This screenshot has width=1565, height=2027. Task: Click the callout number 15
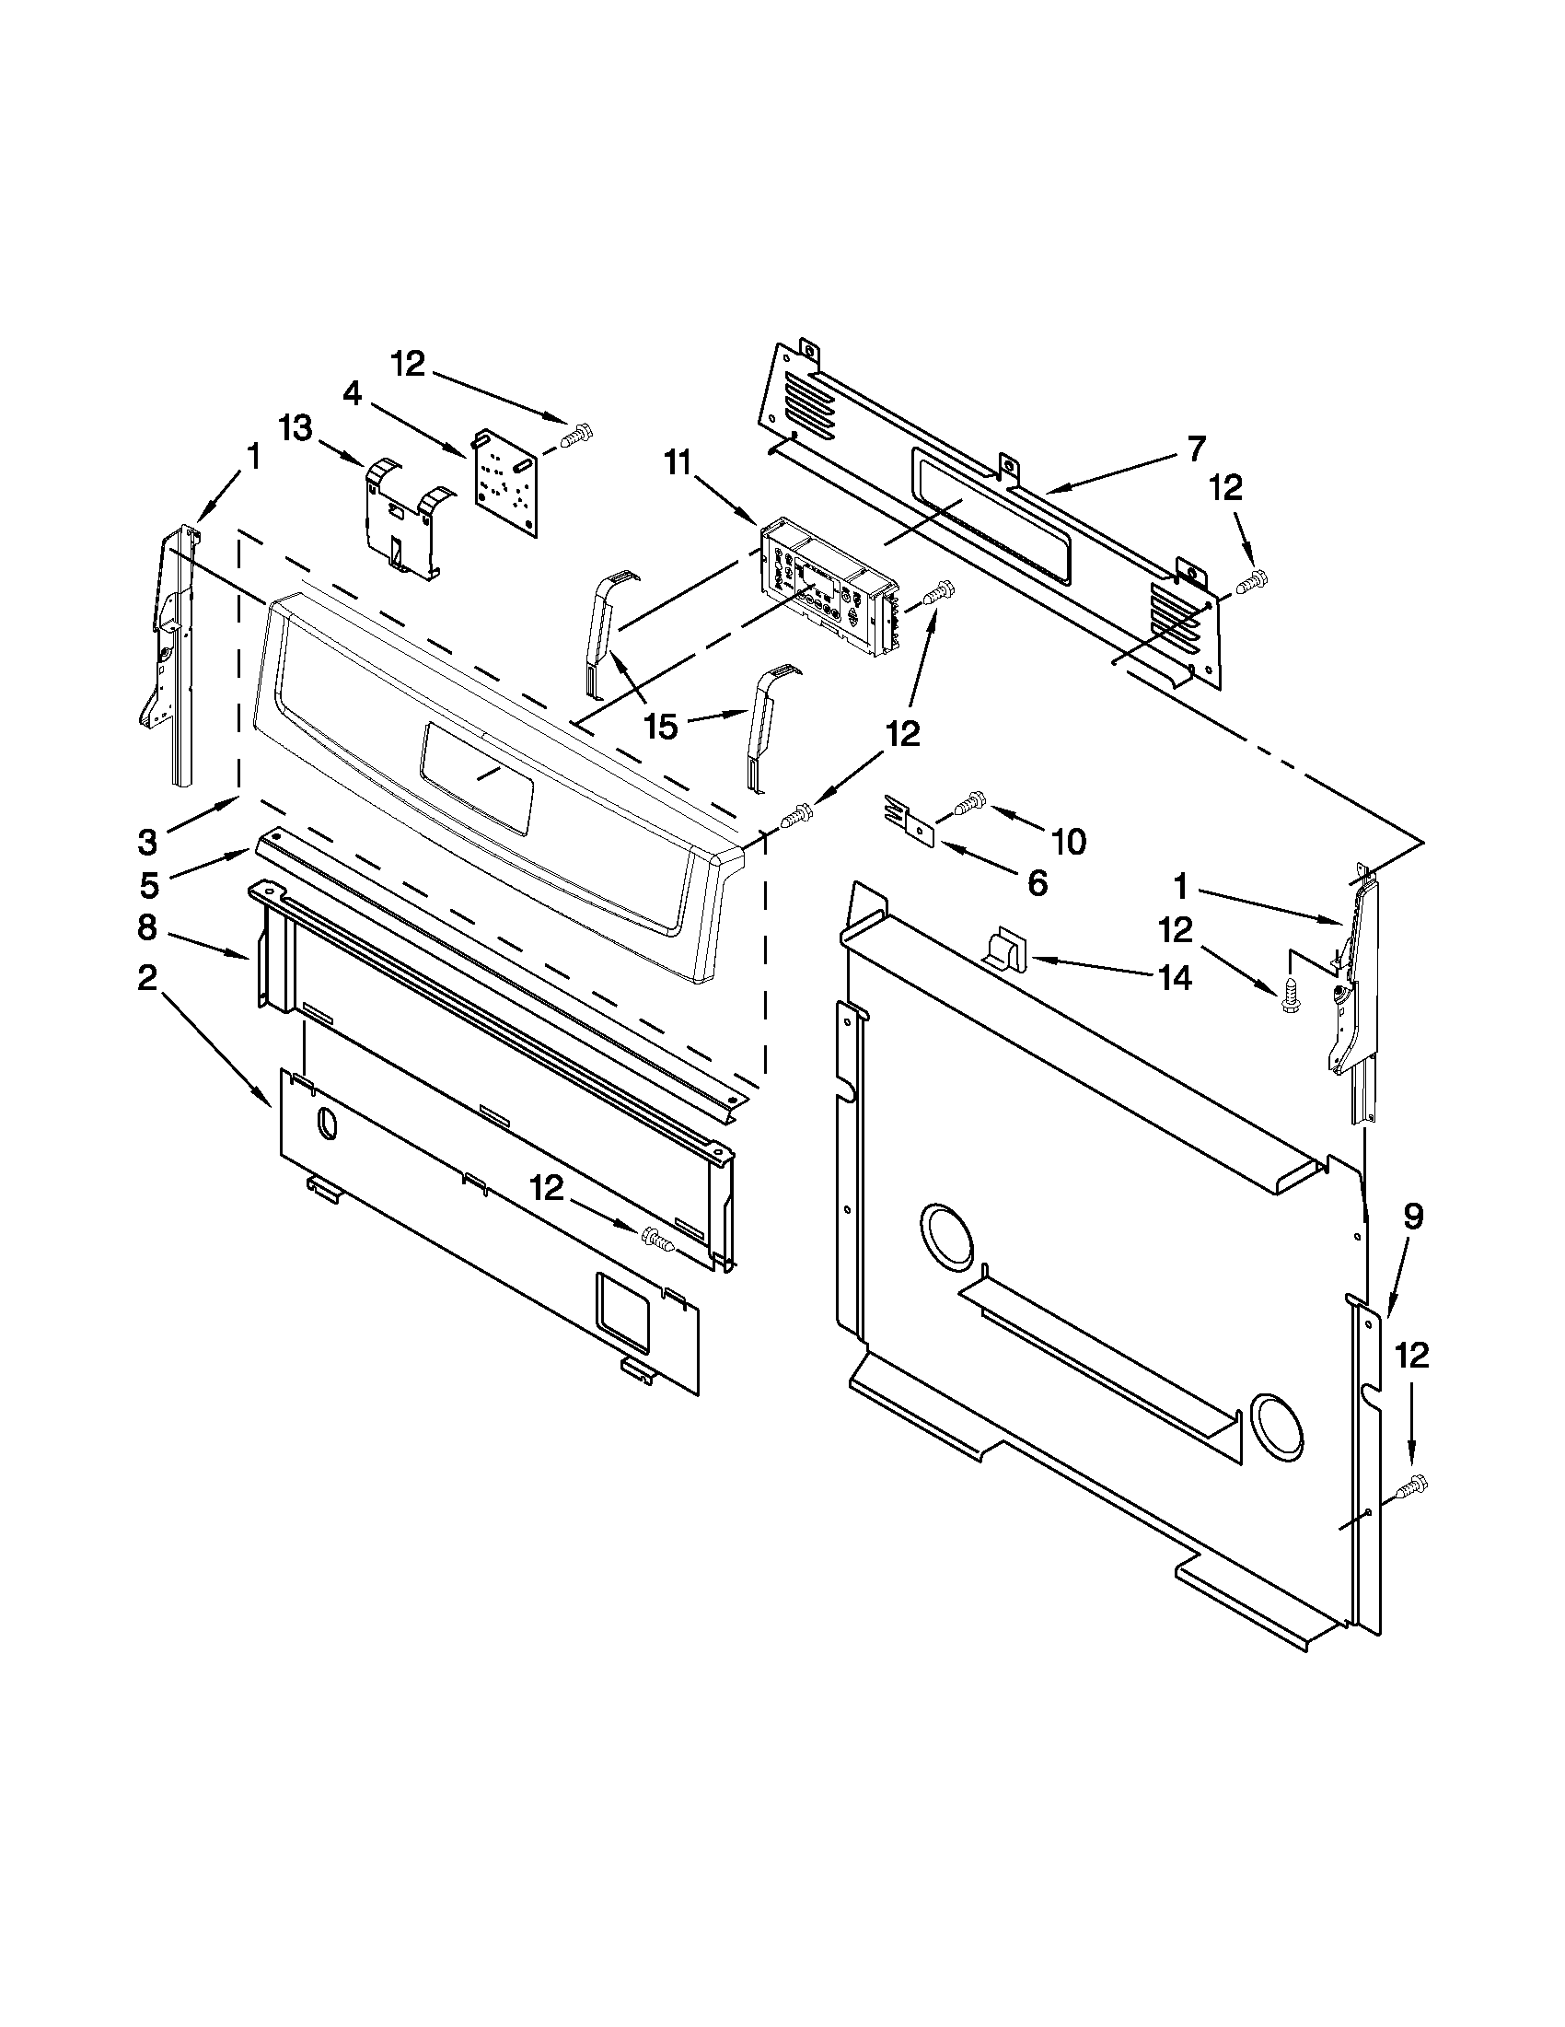[661, 727]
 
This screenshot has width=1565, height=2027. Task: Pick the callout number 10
[1068, 842]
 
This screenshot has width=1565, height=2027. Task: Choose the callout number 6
[1038, 882]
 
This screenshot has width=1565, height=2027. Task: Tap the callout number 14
[1175, 977]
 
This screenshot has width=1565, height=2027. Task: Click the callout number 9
[1412, 1216]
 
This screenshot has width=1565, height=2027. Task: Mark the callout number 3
[148, 842]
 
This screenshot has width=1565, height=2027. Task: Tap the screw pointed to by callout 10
[968, 803]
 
